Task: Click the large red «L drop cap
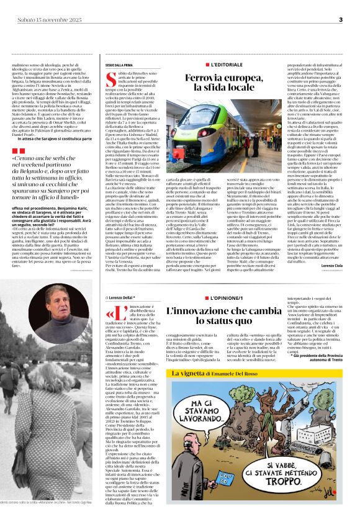pyautogui.click(x=114, y=312)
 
